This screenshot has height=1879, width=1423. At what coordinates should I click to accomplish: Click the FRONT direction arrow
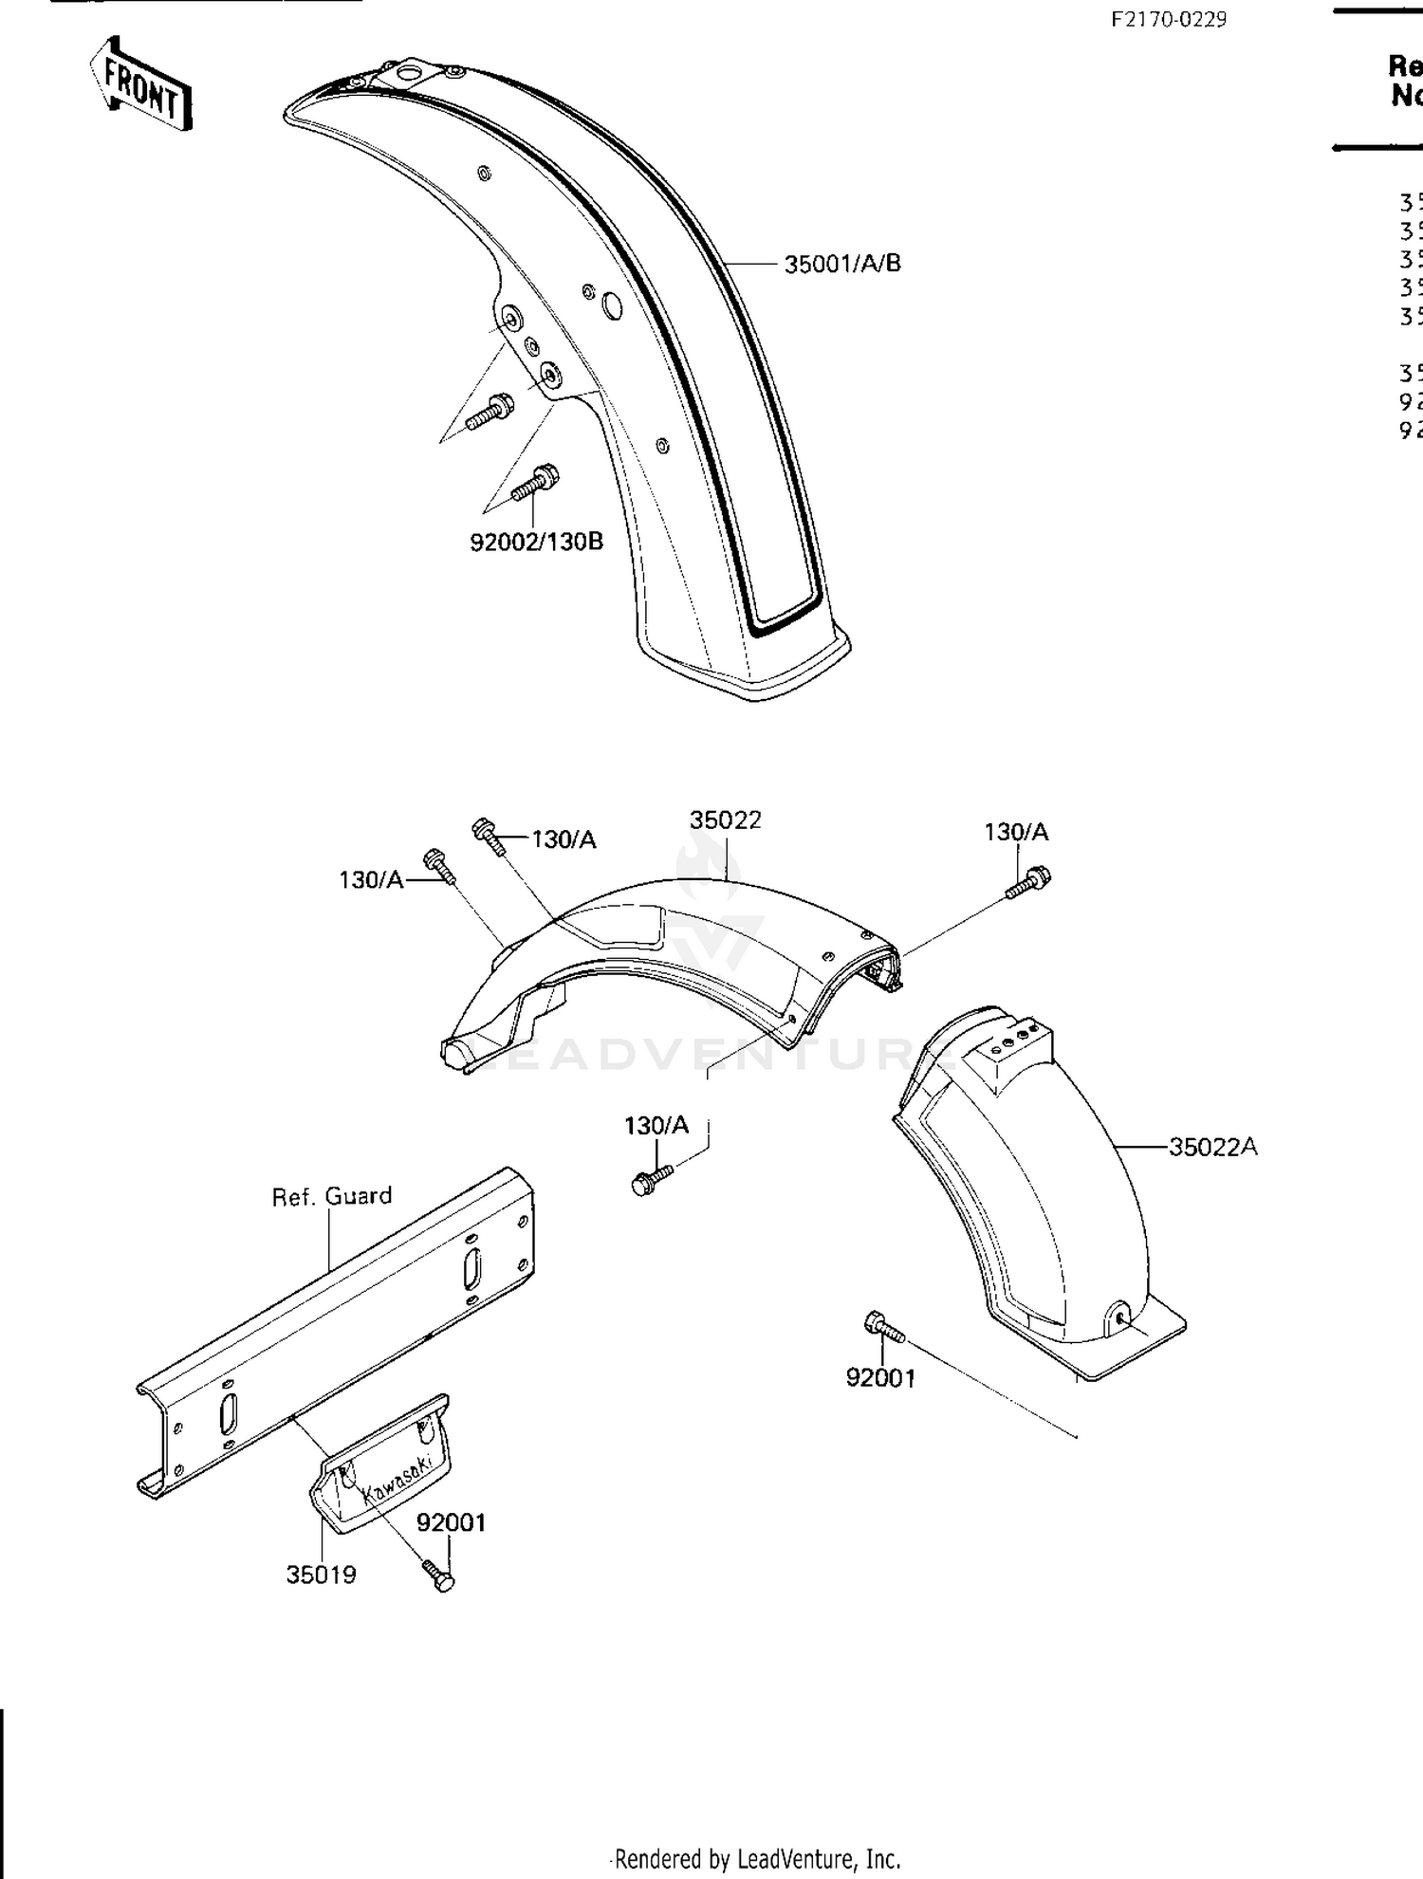click(x=140, y=84)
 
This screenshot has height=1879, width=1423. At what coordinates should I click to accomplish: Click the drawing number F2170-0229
click(x=1169, y=20)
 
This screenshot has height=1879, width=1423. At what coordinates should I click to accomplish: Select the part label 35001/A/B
click(x=841, y=264)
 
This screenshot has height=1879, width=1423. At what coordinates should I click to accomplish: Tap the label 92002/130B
click(x=536, y=543)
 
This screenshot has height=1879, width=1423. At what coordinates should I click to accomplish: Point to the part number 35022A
click(x=1212, y=1147)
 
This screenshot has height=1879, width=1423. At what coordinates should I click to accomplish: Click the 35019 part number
click(x=321, y=1575)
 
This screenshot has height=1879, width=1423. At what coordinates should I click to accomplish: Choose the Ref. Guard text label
click(x=331, y=1196)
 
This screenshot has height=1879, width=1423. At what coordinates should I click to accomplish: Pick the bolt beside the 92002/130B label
click(x=534, y=483)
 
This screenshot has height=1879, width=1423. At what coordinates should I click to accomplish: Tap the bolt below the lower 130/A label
click(x=651, y=1180)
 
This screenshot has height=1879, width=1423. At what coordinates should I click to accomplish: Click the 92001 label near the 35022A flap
click(x=880, y=1378)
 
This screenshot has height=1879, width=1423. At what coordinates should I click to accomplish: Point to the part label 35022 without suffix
click(x=725, y=820)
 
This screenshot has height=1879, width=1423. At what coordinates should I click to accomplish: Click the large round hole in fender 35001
click(x=612, y=305)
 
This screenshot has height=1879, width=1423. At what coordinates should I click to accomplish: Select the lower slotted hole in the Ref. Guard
click(x=229, y=1414)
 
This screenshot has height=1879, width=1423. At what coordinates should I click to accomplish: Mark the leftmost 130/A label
click(x=371, y=880)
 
